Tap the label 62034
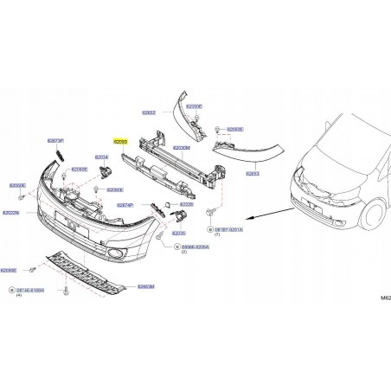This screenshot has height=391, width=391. (x=102, y=157)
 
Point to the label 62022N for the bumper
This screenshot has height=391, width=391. (x=12, y=214)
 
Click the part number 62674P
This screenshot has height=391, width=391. (x=125, y=205)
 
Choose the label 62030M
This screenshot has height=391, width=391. (x=183, y=148)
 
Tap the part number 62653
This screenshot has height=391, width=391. (x=253, y=173)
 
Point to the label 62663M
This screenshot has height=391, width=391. (x=145, y=286)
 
